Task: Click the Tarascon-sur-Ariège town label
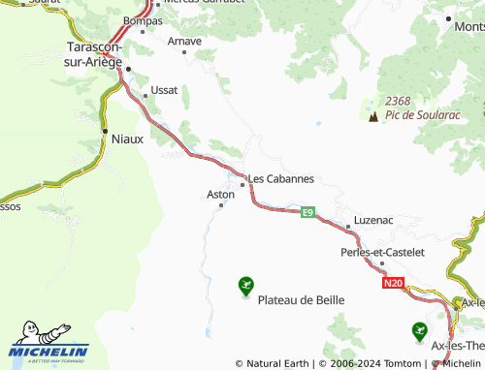[x=94, y=54]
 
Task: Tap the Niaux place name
[x=127, y=139]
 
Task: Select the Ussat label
[x=164, y=90]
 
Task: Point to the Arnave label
[x=184, y=41]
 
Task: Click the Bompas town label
[x=144, y=19]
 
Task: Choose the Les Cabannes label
[x=281, y=178]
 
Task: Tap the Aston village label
[x=221, y=194]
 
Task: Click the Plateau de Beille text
[x=301, y=300]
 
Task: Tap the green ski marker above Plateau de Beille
[x=245, y=285]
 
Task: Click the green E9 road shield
[x=307, y=211]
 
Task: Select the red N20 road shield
[x=392, y=284]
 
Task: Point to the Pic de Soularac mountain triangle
[x=372, y=117]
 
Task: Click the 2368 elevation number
[x=399, y=101]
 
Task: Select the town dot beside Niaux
[x=104, y=130]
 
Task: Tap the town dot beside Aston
[x=221, y=204]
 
